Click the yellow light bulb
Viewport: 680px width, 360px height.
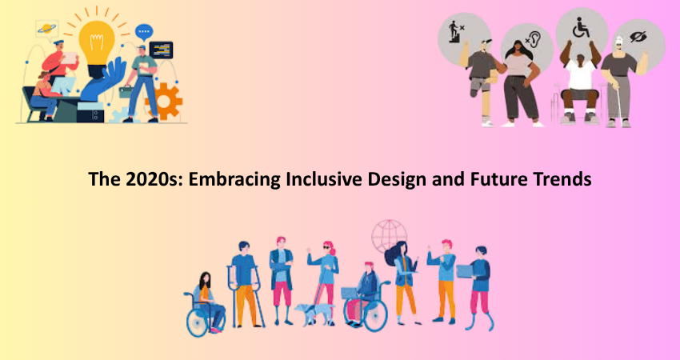tap(97, 42)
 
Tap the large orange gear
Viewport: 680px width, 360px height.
tap(164, 101)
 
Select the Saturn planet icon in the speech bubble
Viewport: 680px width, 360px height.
tap(47, 29)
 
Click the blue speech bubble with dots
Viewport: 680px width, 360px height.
tap(143, 32)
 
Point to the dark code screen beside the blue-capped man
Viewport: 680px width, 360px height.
tap(161, 50)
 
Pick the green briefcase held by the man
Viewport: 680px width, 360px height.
tap(126, 91)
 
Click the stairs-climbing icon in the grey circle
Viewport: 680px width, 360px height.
tap(456, 31)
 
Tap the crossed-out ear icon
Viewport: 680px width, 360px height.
tap(533, 40)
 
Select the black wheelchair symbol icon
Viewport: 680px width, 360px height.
tap(581, 27)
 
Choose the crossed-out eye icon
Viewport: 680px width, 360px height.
tap(638, 37)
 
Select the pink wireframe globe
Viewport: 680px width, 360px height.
tap(389, 236)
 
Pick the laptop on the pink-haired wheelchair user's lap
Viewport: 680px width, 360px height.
tap(350, 294)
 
